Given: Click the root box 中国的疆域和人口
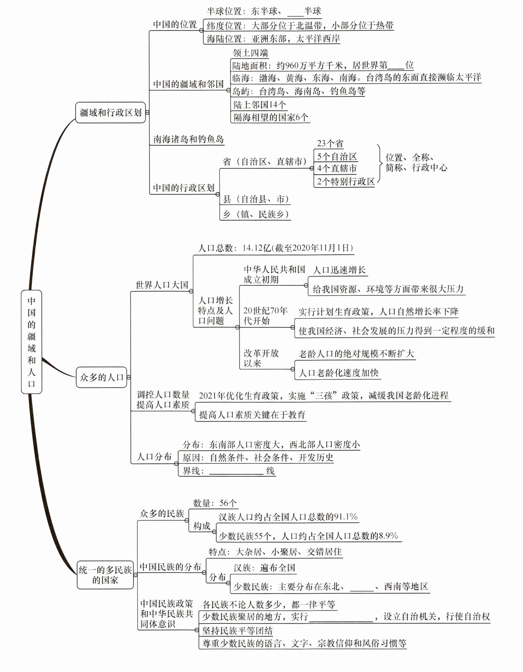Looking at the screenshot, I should click(x=31, y=342).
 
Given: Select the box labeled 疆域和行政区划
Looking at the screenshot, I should click(x=110, y=113).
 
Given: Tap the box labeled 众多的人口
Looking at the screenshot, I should click(x=101, y=377).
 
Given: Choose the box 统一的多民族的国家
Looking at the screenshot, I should click(x=105, y=575).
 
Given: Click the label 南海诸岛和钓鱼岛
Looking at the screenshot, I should click(x=188, y=140).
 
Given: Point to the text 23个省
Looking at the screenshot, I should click(x=330, y=144).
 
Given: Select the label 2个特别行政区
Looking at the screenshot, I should click(x=346, y=182).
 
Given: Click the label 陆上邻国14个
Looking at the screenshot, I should click(x=260, y=105).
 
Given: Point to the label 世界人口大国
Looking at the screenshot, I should click(x=162, y=285).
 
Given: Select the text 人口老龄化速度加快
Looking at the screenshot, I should click(x=338, y=373).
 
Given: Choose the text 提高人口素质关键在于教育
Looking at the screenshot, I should click(x=252, y=415).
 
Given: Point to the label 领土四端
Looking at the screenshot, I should click(x=250, y=53).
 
